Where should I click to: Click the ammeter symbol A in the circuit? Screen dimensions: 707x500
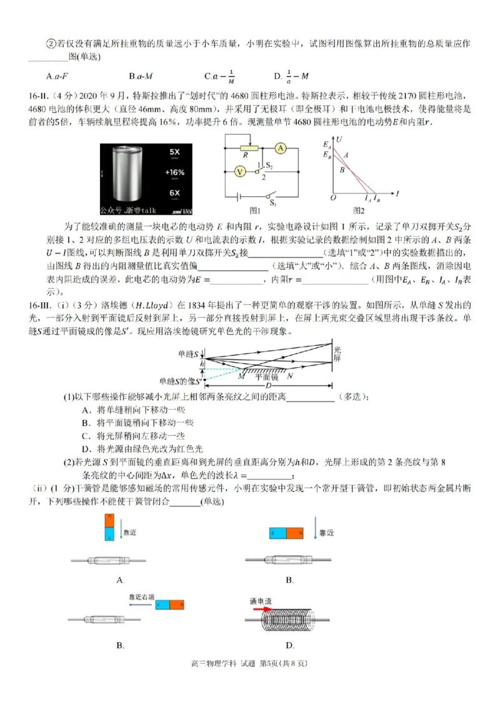[x=281, y=148]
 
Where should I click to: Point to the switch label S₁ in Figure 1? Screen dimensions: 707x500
[x=272, y=202]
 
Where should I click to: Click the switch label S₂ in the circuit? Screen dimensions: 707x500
[x=269, y=166]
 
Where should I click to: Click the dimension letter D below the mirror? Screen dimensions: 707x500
[x=269, y=385]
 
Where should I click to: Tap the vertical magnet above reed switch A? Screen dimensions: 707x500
[x=109, y=527]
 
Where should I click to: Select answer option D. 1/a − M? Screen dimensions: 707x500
[x=292, y=76]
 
